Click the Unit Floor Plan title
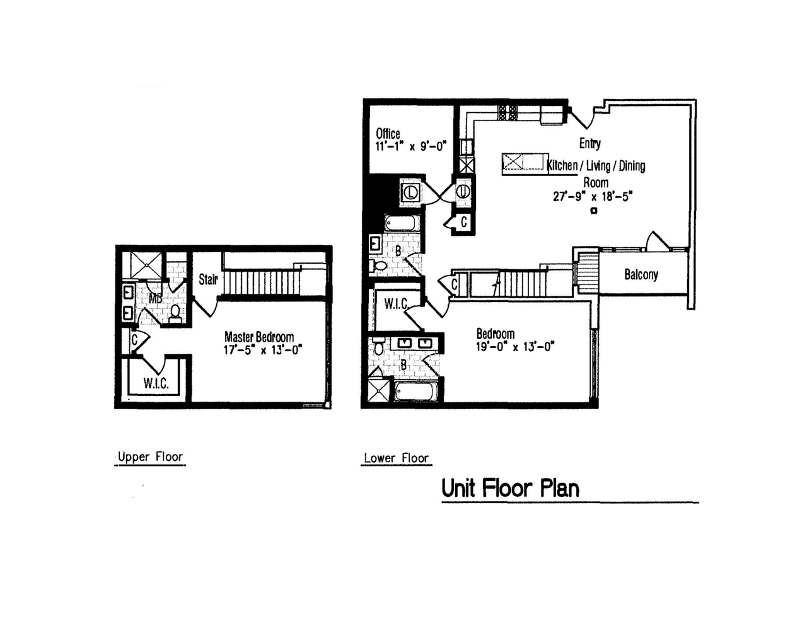509,488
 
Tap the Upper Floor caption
150,457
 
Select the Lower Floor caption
396,458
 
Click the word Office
388,134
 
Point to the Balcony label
641,275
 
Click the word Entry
589,143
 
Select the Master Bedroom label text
258,337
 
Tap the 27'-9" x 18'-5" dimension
592,196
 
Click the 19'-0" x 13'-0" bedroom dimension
514,346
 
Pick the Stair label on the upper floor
208,279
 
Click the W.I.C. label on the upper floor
156,383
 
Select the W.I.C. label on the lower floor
396,304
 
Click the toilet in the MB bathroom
175,313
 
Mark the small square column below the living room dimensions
593,211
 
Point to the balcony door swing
658,242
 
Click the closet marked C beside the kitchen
462,223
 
